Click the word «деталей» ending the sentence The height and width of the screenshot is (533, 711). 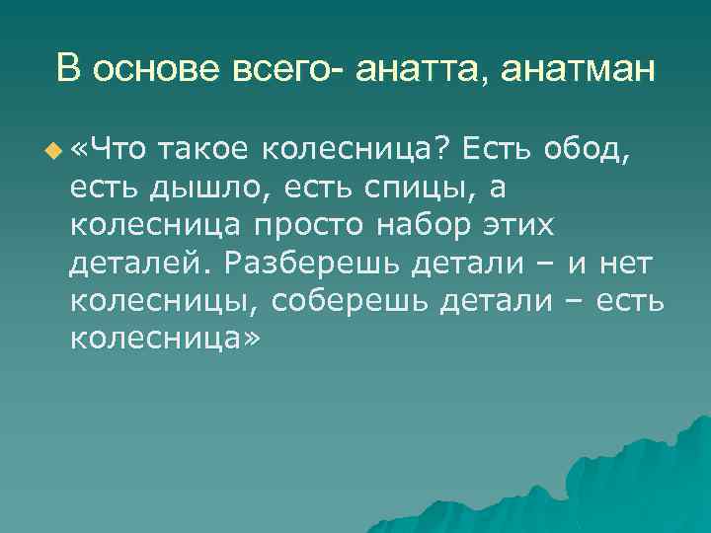(140, 262)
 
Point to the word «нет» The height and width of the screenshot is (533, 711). (619, 262)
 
